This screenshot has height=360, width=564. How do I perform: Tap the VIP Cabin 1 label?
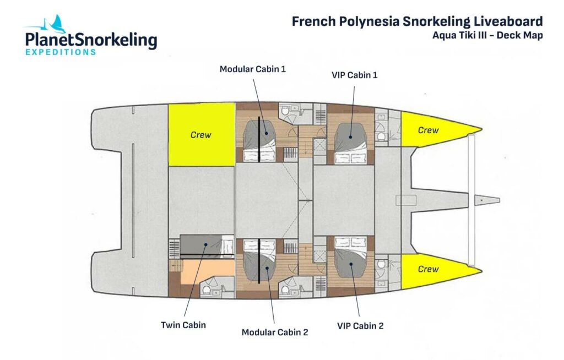(355, 75)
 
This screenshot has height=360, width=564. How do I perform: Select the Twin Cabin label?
(183, 325)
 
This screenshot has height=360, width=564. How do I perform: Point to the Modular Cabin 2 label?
(275, 332)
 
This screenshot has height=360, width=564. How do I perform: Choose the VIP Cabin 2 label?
(360, 326)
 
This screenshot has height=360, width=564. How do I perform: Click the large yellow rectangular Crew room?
(201, 134)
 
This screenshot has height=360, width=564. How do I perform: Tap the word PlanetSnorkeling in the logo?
(91, 40)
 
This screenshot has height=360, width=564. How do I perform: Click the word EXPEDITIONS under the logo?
(61, 52)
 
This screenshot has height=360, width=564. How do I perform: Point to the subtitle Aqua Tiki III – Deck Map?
(487, 36)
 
